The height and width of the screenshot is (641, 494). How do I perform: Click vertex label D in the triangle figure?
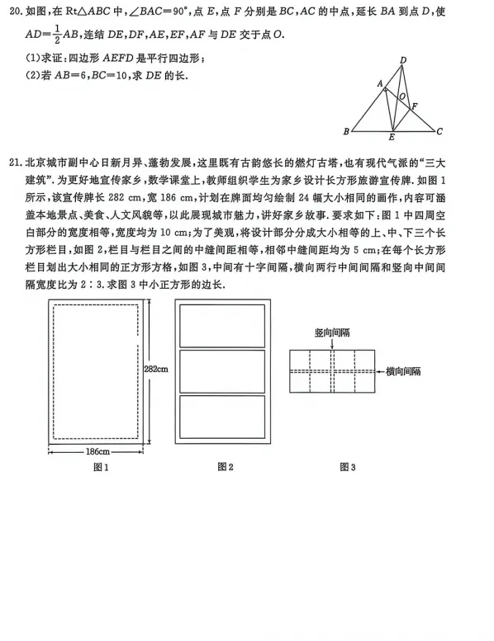tap(402, 60)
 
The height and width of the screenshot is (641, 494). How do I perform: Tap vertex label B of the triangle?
tap(345, 132)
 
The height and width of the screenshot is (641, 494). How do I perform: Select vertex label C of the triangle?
tap(440, 131)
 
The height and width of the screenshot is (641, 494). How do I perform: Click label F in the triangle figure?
tap(415, 106)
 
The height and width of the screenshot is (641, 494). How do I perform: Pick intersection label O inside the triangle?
tap(401, 97)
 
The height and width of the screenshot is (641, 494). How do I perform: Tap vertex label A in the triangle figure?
tap(379, 83)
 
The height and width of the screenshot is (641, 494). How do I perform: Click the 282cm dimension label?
tap(156, 369)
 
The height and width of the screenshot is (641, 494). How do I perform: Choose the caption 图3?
tap(347, 468)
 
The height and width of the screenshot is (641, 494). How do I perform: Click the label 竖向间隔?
tap(332, 330)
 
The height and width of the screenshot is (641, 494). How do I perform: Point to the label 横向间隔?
tap(403, 372)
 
